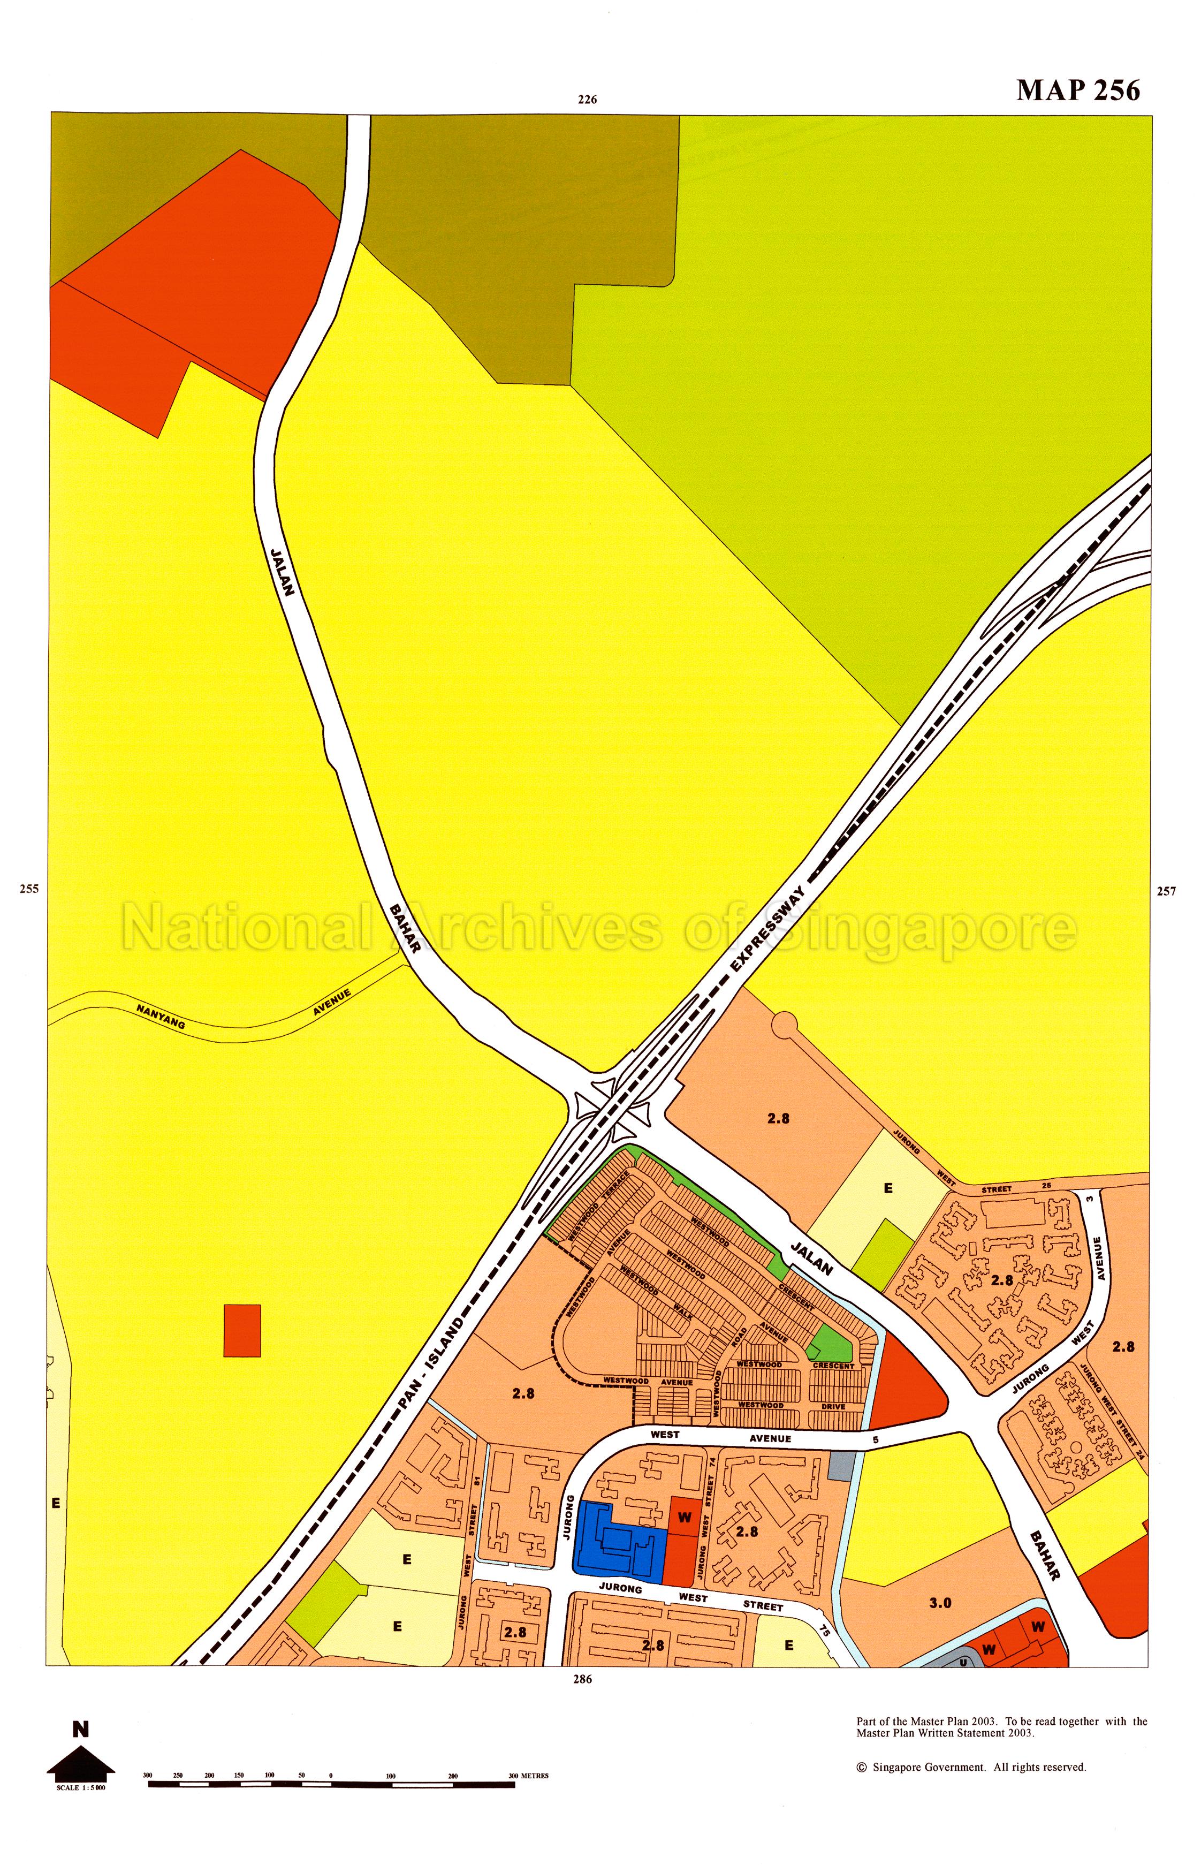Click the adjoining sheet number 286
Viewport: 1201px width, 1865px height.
point(582,1679)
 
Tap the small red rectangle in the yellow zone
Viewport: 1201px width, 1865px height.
point(242,1331)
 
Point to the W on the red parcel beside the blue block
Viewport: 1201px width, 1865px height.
point(684,1519)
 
